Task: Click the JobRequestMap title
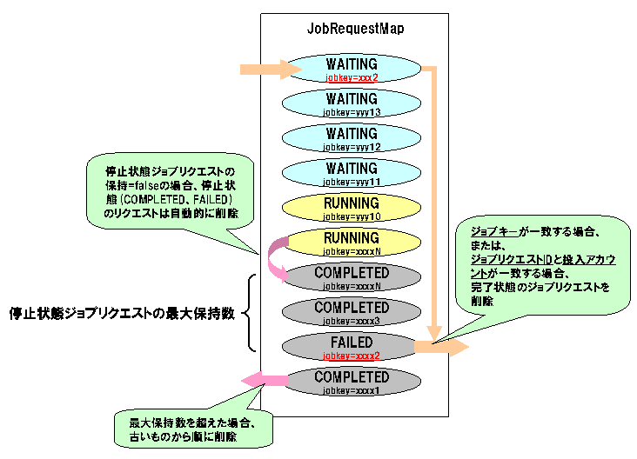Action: click(355, 28)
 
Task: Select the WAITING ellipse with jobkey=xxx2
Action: click(352, 69)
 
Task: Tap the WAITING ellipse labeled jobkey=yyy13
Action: click(352, 104)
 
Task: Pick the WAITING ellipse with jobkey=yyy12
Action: click(352, 138)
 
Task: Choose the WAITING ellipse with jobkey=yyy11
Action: click(352, 173)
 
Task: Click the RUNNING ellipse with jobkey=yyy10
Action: click(352, 208)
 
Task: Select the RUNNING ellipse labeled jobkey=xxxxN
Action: click(352, 243)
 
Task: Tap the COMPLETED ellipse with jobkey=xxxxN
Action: click(352, 277)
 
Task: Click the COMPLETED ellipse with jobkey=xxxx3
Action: click(352, 312)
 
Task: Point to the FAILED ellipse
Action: click(352, 347)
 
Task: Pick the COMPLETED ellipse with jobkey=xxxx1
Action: click(352, 382)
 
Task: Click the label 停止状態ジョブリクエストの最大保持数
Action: click(121, 311)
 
